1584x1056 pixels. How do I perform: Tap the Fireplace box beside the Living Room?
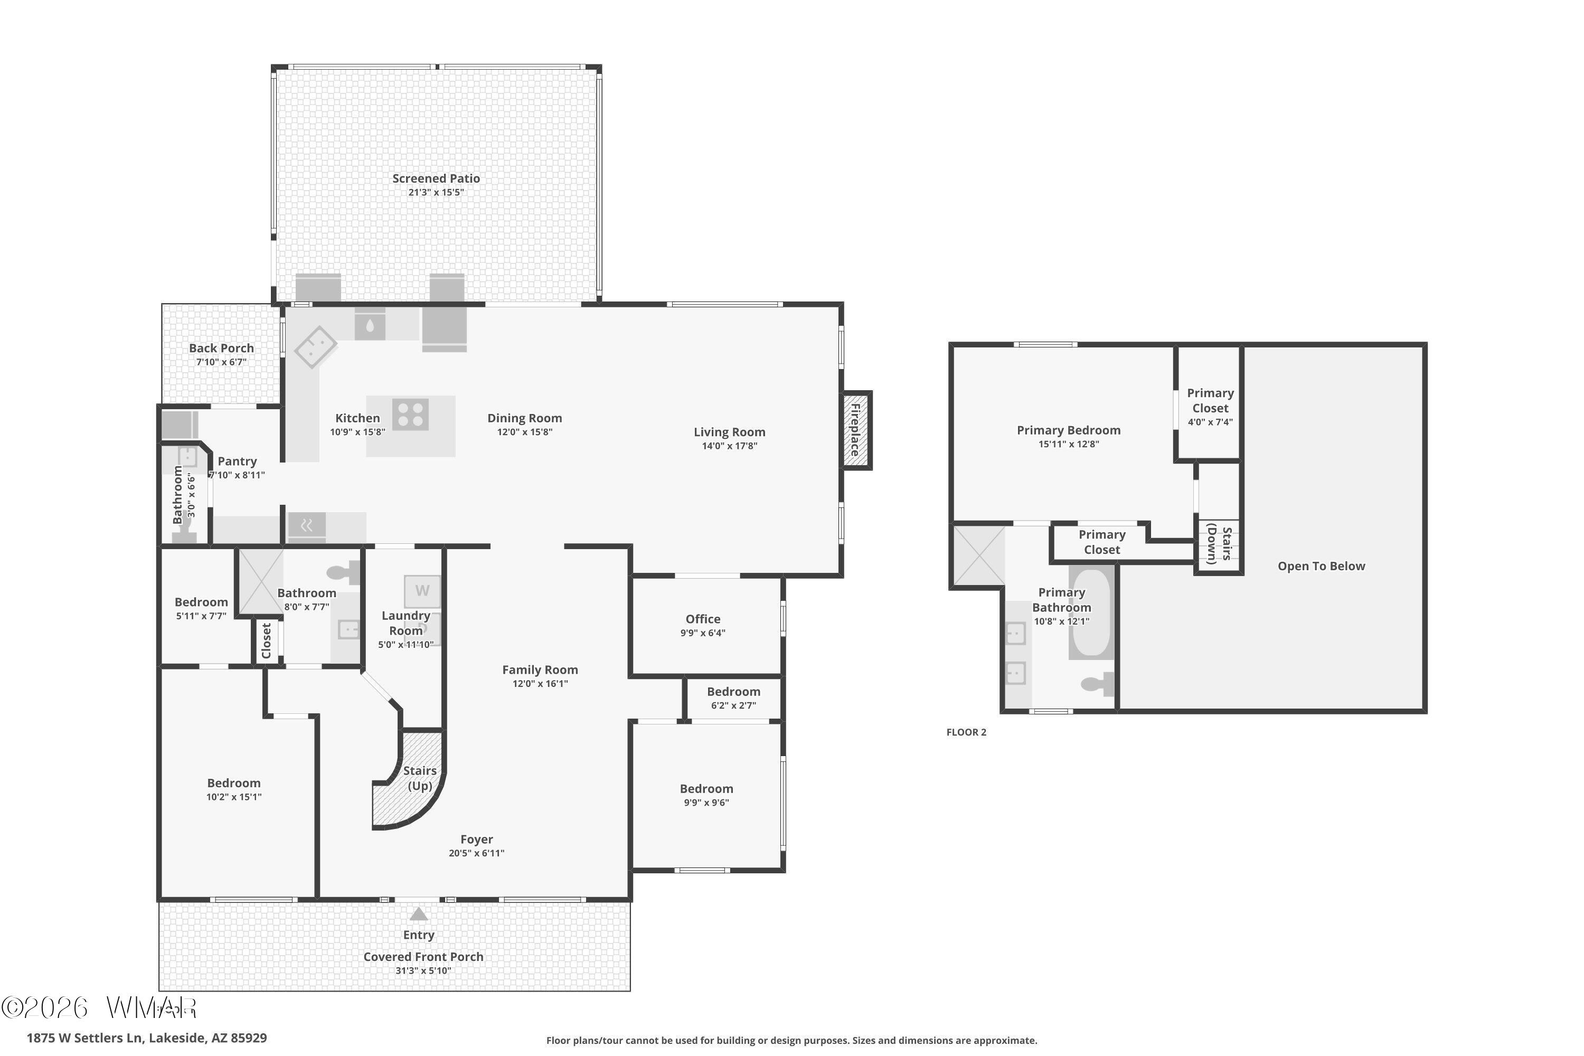click(856, 430)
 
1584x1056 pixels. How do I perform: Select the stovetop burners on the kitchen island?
click(410, 414)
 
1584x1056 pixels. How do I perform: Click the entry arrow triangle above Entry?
click(419, 914)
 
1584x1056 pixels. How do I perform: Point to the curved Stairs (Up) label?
click(420, 778)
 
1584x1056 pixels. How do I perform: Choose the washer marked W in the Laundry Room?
click(422, 591)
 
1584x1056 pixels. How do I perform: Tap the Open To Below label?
click(1322, 567)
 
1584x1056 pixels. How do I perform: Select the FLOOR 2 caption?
click(966, 732)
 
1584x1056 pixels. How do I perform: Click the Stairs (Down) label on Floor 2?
click(1219, 543)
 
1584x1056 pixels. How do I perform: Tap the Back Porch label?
click(222, 348)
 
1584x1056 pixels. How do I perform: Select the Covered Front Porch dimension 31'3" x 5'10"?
click(423, 970)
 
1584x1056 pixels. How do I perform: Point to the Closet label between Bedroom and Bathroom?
click(266, 640)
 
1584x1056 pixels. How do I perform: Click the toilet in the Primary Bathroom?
click(1097, 684)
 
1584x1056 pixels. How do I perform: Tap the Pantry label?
click(237, 461)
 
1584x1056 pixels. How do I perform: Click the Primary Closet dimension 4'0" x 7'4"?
click(1210, 422)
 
